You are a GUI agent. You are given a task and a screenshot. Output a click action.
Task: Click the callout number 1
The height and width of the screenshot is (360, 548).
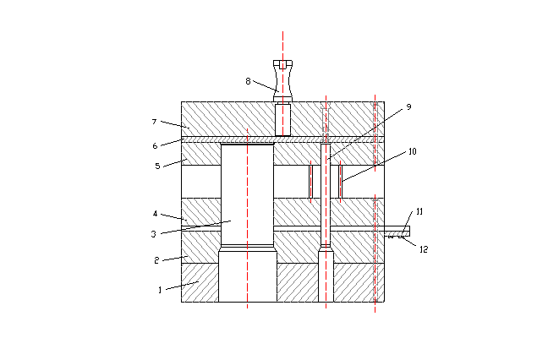159,290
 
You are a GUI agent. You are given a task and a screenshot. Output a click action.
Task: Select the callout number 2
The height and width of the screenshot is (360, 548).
156,260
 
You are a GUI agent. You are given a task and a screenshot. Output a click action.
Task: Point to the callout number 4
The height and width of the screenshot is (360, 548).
156,215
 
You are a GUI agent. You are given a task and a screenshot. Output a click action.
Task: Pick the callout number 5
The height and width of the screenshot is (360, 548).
157,166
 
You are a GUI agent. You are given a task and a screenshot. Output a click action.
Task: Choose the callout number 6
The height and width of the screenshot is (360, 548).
155,145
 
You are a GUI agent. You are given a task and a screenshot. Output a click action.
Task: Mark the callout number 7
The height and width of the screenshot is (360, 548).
154,122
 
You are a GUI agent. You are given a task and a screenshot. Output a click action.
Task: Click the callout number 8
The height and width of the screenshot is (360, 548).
248,81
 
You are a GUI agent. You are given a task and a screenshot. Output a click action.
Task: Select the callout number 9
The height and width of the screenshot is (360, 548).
408,107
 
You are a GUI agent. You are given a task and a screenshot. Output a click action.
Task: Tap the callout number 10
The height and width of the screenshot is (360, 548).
412,152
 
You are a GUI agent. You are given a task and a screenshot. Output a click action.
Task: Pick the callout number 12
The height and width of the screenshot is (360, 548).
424,248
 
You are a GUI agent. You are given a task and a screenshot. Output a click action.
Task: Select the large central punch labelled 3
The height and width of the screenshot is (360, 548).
247,194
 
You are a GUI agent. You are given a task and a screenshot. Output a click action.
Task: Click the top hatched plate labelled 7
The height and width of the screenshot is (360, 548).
220,118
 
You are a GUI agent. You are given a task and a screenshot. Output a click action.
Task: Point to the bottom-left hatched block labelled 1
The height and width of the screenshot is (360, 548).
200,282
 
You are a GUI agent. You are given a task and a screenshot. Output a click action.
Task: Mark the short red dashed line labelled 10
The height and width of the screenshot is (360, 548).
340,181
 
